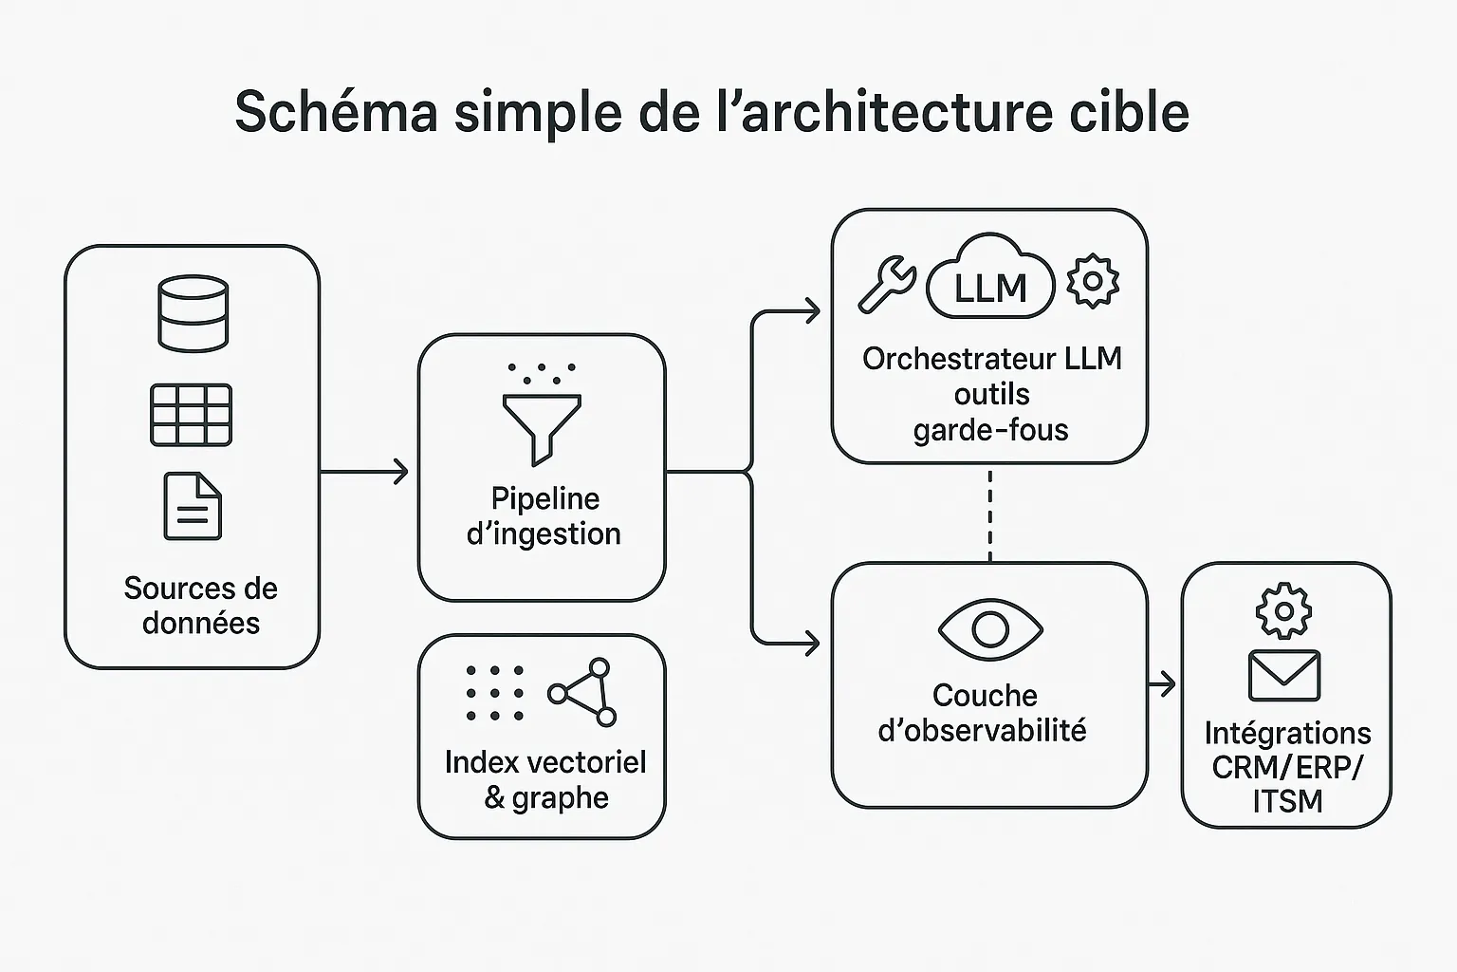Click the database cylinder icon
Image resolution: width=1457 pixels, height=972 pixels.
click(x=193, y=313)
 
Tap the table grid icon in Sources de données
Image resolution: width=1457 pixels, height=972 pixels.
click(x=191, y=415)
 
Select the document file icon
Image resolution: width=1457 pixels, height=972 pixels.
click(x=193, y=506)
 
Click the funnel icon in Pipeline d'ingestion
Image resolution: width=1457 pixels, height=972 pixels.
click(x=542, y=425)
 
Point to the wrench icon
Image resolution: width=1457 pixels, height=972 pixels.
click(x=887, y=284)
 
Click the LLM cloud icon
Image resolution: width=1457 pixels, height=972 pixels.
click(x=990, y=278)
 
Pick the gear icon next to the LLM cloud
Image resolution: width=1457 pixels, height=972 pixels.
click(x=1093, y=281)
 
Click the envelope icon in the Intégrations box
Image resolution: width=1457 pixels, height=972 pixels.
click(x=1284, y=675)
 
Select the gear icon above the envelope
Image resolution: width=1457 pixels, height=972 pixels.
click(x=1283, y=610)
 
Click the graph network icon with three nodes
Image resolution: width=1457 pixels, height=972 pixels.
click(x=582, y=692)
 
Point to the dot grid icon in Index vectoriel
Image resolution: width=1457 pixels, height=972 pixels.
click(x=494, y=693)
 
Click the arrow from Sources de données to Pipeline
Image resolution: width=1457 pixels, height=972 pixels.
click(x=365, y=471)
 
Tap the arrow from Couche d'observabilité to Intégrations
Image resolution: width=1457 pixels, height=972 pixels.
click(x=1163, y=683)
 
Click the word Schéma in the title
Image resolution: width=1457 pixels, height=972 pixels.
click(x=337, y=112)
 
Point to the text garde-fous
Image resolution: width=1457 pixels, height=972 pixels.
click(x=990, y=430)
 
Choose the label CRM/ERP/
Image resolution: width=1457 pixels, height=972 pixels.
click(x=1286, y=767)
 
